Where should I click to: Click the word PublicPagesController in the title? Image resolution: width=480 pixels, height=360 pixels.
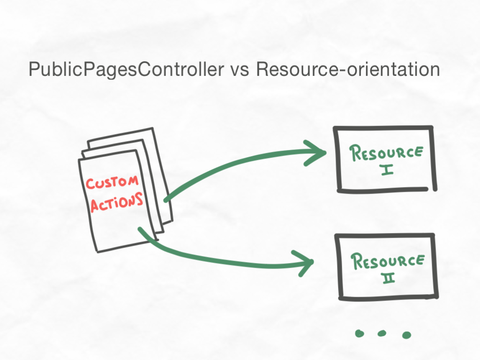(126, 69)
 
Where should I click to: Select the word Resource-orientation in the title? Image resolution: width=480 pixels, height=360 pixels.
(348, 69)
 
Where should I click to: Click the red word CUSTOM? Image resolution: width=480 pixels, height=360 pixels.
(112, 182)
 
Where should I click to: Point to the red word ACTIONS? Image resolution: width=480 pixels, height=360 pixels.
(117, 202)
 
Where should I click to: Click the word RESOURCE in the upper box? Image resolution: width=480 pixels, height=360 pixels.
(386, 153)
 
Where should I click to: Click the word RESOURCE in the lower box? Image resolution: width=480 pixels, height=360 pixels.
(388, 261)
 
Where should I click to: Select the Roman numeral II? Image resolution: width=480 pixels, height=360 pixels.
(389, 278)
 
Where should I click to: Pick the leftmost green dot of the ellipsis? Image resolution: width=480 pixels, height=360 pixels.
(360, 333)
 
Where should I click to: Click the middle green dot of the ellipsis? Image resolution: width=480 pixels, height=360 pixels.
(382, 333)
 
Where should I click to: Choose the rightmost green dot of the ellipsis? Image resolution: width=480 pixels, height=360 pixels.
(406, 335)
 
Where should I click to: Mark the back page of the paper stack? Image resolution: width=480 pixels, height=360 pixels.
(159, 172)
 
